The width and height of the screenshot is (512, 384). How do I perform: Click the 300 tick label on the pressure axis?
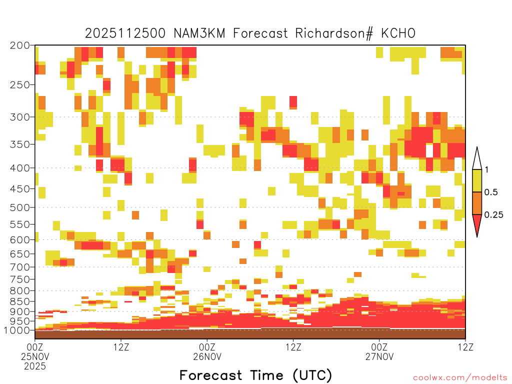coord(19,117)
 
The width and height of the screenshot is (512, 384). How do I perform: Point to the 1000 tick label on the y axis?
coord(17,330)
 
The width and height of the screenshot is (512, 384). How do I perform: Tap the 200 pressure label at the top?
coord(19,45)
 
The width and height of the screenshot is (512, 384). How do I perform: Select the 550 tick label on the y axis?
coord(19,224)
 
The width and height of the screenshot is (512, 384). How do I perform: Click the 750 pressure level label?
coord(19,279)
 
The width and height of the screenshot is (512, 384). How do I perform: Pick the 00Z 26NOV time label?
coord(207,351)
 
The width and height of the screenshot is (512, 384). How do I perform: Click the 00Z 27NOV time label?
coord(379,351)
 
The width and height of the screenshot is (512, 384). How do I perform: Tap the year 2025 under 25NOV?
coord(35,366)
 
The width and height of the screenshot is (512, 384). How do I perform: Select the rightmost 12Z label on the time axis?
coord(465,347)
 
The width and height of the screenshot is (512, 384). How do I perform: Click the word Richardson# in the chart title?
coord(334,33)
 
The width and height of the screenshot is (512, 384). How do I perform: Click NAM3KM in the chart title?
coord(199,33)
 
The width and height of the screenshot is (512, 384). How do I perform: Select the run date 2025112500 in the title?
coord(125,33)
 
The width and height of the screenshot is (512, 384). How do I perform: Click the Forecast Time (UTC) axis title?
coord(255,375)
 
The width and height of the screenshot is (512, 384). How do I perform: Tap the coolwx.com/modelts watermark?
coord(460,378)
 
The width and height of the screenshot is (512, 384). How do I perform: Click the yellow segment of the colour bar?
coord(477,180)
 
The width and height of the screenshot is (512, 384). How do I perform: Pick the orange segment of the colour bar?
coord(477,203)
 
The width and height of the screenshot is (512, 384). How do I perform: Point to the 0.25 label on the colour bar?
coord(493,215)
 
